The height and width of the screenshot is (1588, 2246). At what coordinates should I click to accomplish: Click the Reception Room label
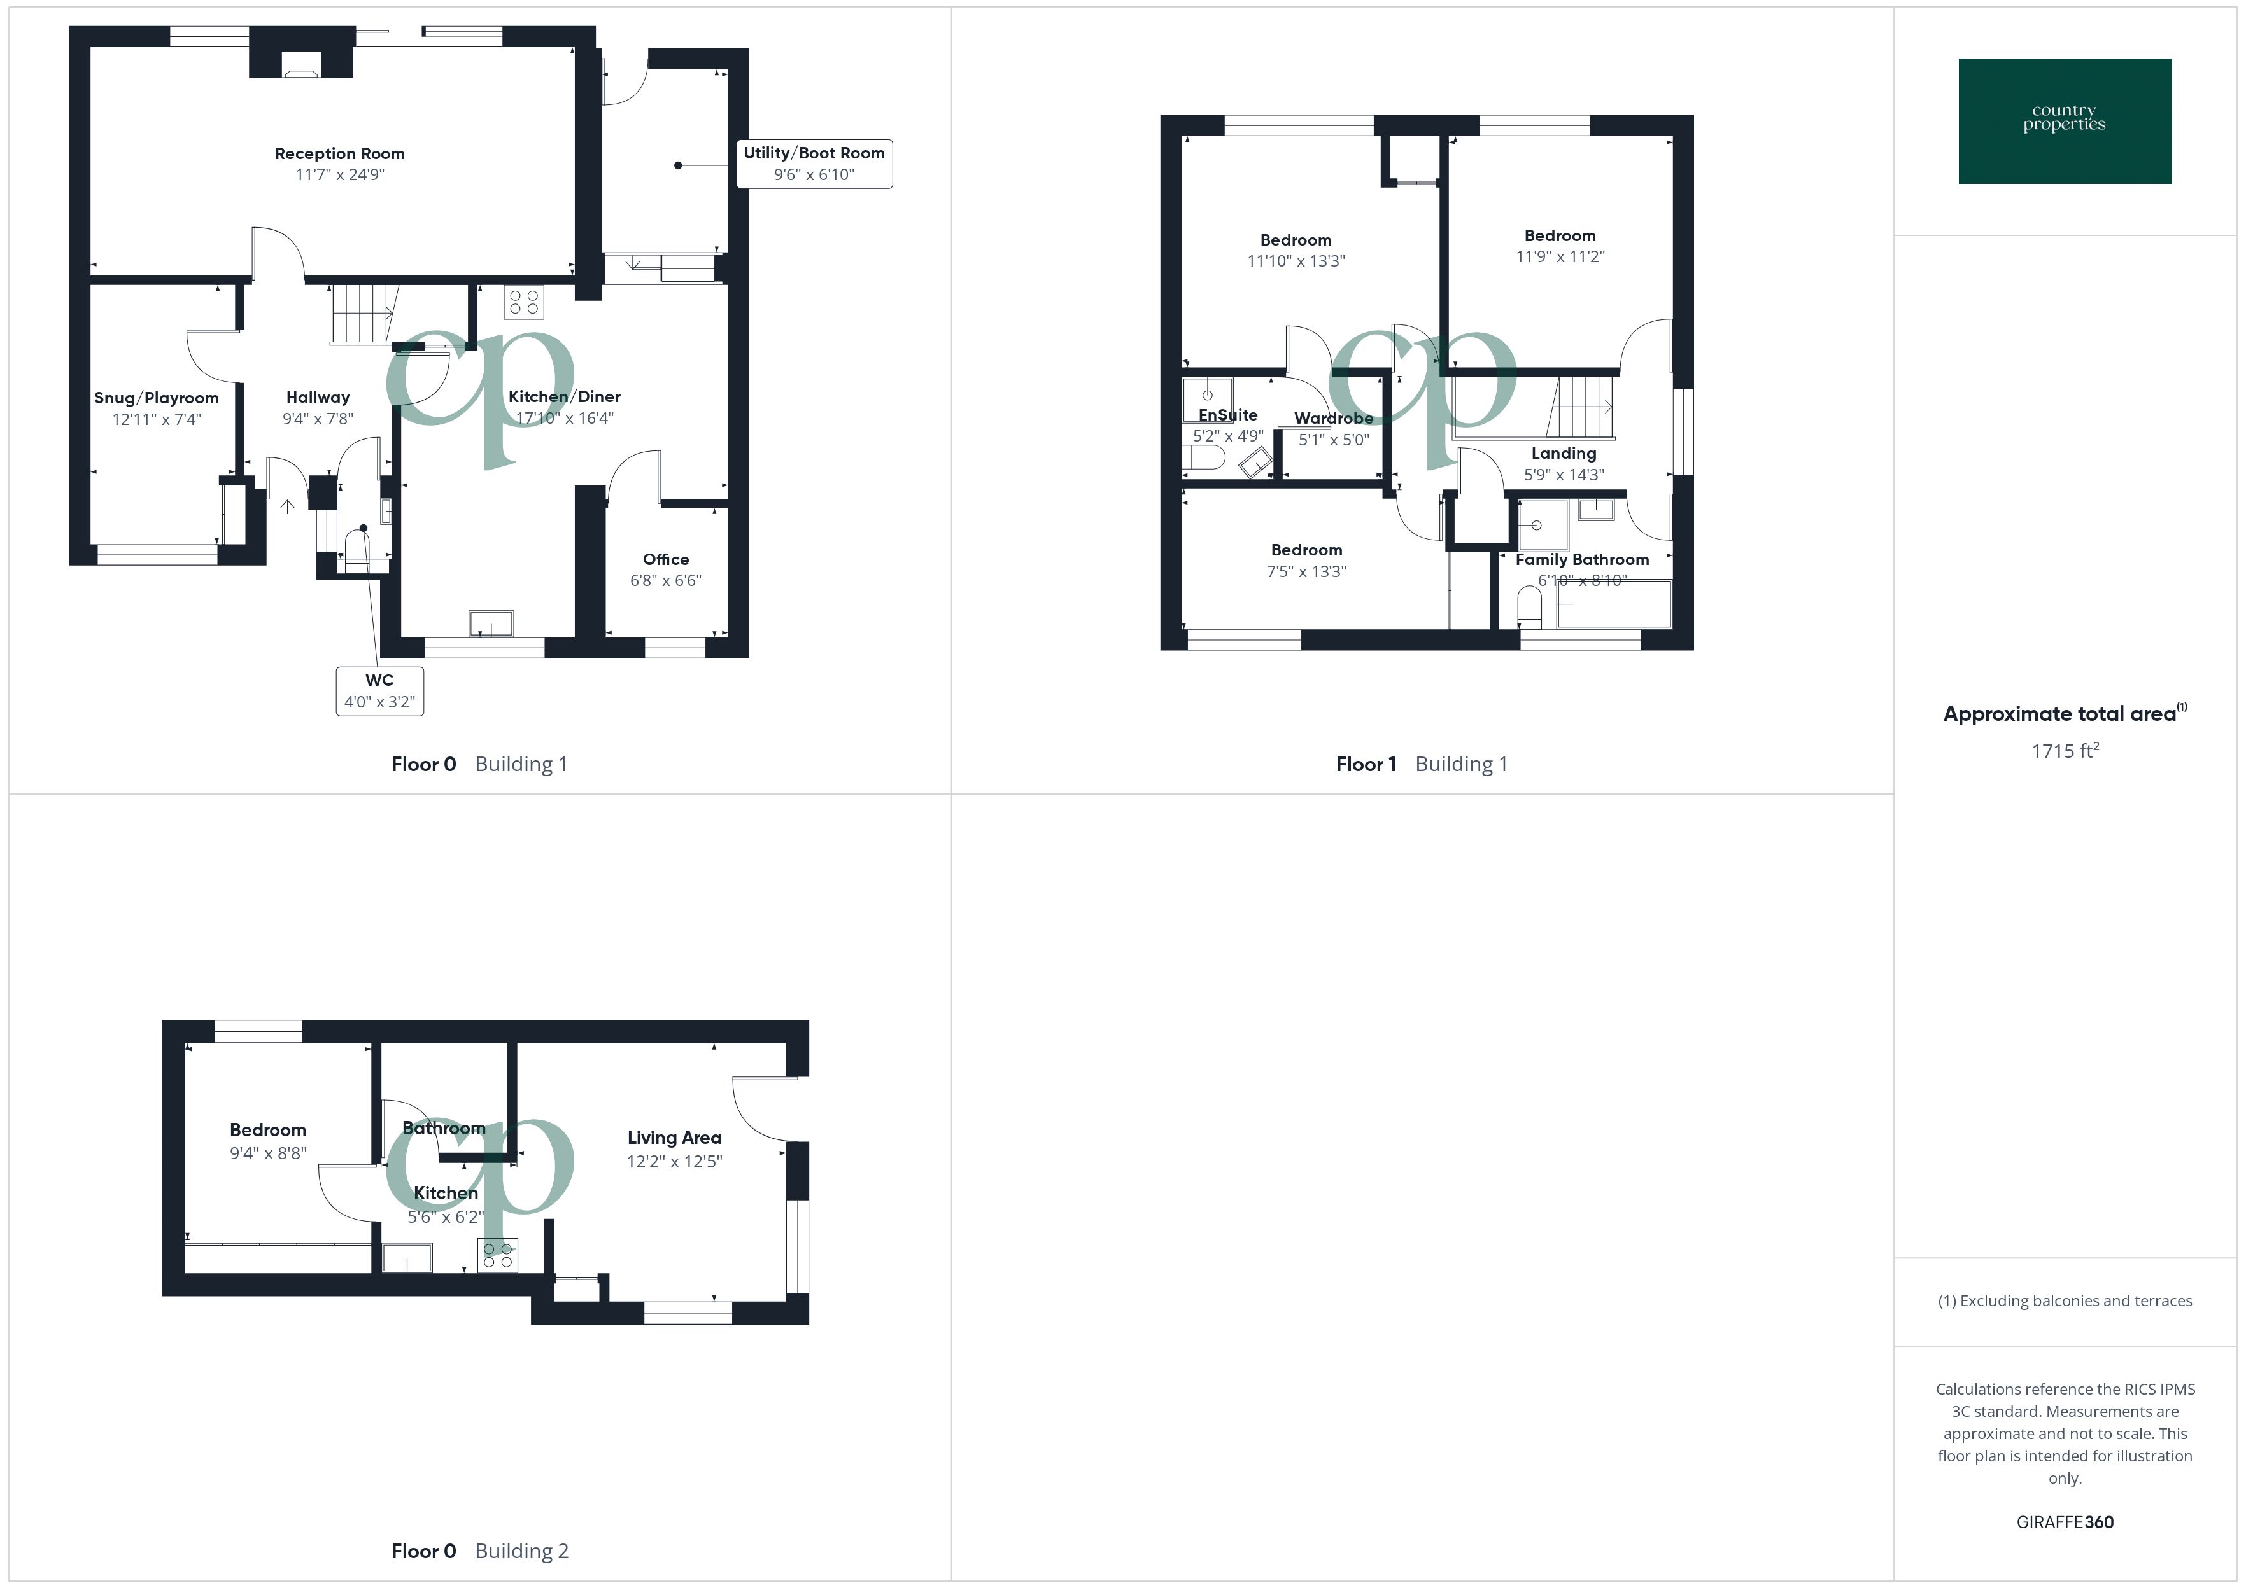339,153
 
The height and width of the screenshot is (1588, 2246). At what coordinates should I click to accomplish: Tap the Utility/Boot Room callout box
813,164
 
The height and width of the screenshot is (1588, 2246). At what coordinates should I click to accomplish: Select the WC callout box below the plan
379,690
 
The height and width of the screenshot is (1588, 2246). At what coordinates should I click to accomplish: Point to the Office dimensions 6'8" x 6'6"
665,580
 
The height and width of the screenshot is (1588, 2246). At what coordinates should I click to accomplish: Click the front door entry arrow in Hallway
286,506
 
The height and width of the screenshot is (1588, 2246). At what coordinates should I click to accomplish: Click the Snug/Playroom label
157,398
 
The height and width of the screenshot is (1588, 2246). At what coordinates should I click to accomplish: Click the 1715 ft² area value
2064,750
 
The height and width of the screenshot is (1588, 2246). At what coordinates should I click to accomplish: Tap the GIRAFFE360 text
2064,1521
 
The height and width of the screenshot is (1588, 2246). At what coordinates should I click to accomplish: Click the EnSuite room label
1227,415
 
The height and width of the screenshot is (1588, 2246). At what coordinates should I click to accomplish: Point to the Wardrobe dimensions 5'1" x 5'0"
1333,440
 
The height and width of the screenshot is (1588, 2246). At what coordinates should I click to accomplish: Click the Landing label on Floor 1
1563,454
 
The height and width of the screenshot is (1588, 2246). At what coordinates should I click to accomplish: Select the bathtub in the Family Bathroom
1614,603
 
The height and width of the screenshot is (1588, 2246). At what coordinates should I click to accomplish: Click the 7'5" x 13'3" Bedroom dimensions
1306,571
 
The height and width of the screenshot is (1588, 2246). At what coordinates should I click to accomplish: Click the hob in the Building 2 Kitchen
497,1255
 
